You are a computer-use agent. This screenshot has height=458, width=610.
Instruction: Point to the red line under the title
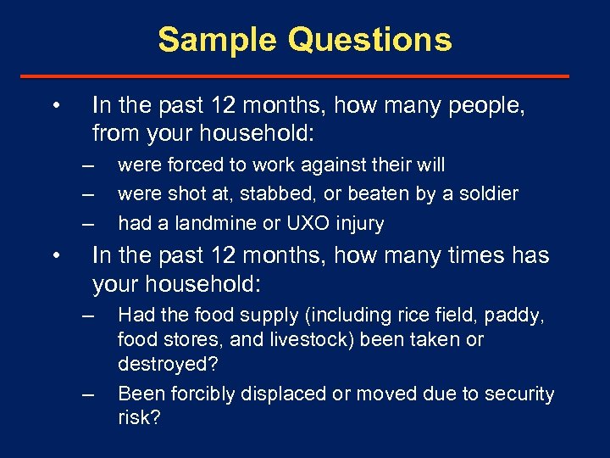(x=305, y=76)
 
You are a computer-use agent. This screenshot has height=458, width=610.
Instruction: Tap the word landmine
(x=198, y=224)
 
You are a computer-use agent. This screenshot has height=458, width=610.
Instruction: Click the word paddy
(x=512, y=316)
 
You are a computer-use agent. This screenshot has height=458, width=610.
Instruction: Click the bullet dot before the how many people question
(x=54, y=106)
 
